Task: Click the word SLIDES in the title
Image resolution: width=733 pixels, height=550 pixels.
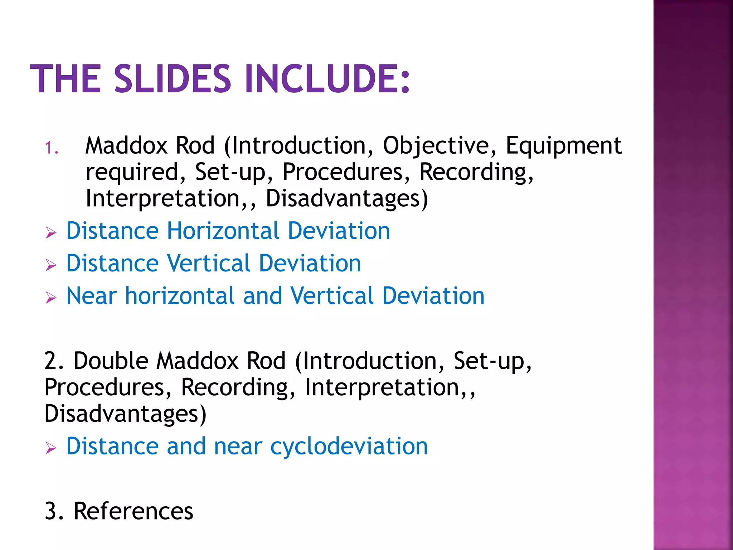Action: point(173,79)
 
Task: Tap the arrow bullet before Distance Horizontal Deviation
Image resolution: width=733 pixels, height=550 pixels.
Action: point(51,233)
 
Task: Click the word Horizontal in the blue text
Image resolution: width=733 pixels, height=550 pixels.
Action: point(223,231)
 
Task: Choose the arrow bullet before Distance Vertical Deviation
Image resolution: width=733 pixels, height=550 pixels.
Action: point(51,265)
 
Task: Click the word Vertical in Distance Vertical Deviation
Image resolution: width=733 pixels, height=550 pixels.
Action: point(209,264)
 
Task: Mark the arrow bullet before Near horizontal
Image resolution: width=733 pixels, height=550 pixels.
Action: point(51,298)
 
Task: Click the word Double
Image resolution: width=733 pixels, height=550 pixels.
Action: point(111,361)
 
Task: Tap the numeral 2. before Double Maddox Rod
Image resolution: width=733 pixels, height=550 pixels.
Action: point(54,361)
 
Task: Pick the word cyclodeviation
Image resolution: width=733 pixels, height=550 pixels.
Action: point(349,447)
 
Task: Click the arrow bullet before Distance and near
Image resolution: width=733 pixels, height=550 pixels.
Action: point(51,448)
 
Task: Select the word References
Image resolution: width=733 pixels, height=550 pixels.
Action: point(133,511)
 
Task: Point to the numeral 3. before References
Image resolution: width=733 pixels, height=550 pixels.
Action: point(54,511)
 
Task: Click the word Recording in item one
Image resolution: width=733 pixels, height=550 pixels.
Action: point(476,172)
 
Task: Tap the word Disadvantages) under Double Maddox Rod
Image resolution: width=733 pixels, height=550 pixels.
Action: point(125,414)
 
